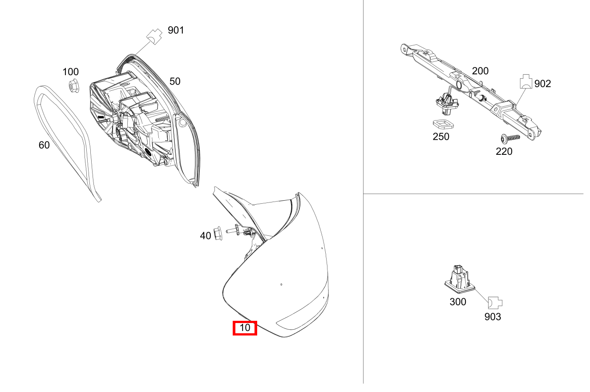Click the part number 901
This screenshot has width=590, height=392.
pos(176,30)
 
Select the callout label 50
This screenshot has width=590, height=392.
pos(175,81)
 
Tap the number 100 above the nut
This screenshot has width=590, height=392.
pos(71,72)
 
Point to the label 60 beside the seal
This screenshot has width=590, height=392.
pos(44,145)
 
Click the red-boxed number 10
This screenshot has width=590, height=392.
pos(245,328)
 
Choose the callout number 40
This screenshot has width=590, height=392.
pos(206,236)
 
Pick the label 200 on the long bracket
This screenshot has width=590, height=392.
pos(480,71)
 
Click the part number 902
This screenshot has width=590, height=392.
pos(542,84)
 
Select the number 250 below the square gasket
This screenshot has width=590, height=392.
pos(441,137)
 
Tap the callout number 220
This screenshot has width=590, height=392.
pos(504,151)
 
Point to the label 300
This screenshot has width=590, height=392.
pos(458,302)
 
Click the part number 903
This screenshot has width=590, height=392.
pos(493,317)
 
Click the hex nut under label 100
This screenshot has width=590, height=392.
pos(74,86)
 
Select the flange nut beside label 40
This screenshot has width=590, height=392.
pos(217,233)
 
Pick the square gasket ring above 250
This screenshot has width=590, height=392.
pos(443,124)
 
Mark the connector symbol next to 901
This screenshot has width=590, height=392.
pos(154,36)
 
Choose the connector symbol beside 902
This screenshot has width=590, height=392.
pos(526,81)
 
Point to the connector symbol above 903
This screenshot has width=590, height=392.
pos(495,303)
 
